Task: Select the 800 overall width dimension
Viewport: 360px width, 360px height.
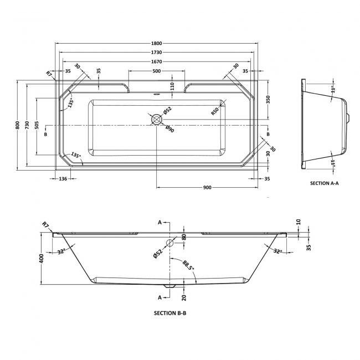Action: point(18,125)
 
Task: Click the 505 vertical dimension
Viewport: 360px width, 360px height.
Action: point(37,126)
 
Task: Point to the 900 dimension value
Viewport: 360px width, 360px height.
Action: point(207,187)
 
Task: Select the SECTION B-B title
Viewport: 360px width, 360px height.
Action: point(170,313)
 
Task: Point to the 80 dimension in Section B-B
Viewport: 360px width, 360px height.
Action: point(184,237)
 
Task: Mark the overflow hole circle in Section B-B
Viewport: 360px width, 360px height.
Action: point(170,243)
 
